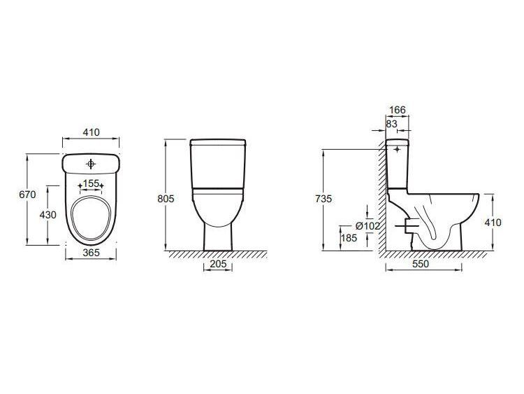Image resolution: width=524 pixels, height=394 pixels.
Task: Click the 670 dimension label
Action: tap(27, 195)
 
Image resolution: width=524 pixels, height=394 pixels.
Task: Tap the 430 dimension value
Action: tap(48, 215)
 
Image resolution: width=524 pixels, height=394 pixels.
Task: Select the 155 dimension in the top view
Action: tap(91, 183)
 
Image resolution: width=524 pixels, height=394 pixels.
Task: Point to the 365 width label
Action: tap(92, 253)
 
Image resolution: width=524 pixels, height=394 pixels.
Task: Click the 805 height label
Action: tap(166, 199)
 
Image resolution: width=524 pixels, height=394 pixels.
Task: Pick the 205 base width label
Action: tap(218, 264)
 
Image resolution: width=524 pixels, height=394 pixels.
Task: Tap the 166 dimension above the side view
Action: tap(398, 109)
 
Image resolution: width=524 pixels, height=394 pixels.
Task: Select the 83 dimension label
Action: tap(391, 124)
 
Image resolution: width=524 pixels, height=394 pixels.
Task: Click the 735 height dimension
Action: tap(323, 199)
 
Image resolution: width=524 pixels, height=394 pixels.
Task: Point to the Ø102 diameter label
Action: tap(367, 226)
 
